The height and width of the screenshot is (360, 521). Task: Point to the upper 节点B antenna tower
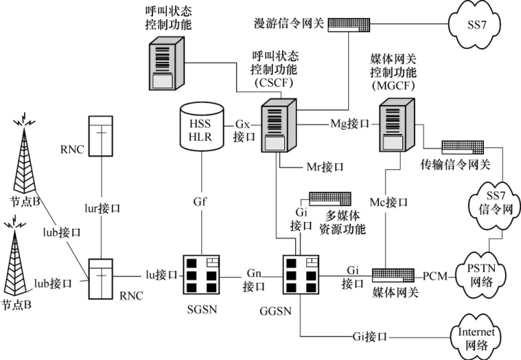[x=26, y=157]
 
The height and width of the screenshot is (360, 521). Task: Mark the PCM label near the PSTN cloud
[x=434, y=277]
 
